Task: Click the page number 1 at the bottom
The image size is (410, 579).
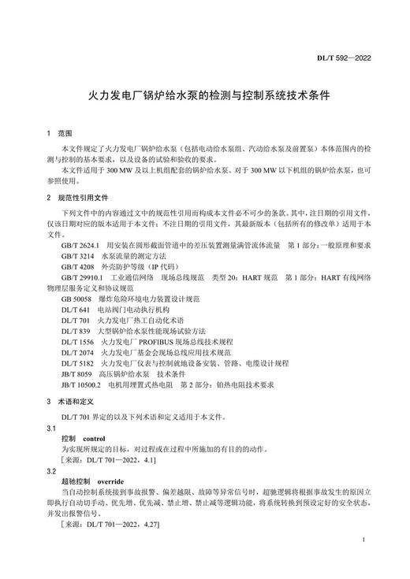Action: (x=360, y=541)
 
